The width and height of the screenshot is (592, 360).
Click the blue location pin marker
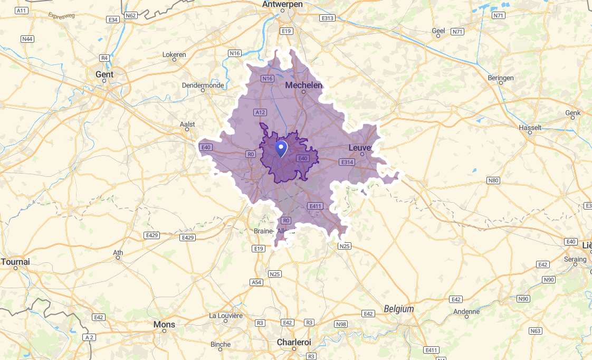point(281,148)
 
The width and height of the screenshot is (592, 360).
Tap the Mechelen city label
point(303,85)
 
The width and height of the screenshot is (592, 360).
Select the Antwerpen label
point(283,4)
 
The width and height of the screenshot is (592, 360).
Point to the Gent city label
point(104,74)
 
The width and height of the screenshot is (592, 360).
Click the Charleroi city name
point(294,342)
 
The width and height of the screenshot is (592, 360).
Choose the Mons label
point(164,324)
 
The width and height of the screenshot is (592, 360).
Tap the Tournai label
point(16,261)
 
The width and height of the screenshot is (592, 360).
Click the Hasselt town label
point(530,128)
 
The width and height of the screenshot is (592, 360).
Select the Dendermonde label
point(203,85)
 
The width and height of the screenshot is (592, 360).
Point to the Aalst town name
point(187,125)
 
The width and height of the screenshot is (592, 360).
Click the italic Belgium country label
point(399,309)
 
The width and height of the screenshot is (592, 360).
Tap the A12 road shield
point(260,112)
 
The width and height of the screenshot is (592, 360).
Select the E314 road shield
point(347,162)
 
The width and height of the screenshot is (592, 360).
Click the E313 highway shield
point(328,18)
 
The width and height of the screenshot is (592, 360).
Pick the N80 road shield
point(493,181)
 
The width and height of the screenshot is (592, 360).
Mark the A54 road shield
point(256,282)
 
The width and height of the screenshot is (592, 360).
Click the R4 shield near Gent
point(104,58)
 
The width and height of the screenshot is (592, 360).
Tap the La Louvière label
point(226,316)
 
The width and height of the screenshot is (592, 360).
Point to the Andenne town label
point(467,311)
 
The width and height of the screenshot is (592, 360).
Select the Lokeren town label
point(174,54)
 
